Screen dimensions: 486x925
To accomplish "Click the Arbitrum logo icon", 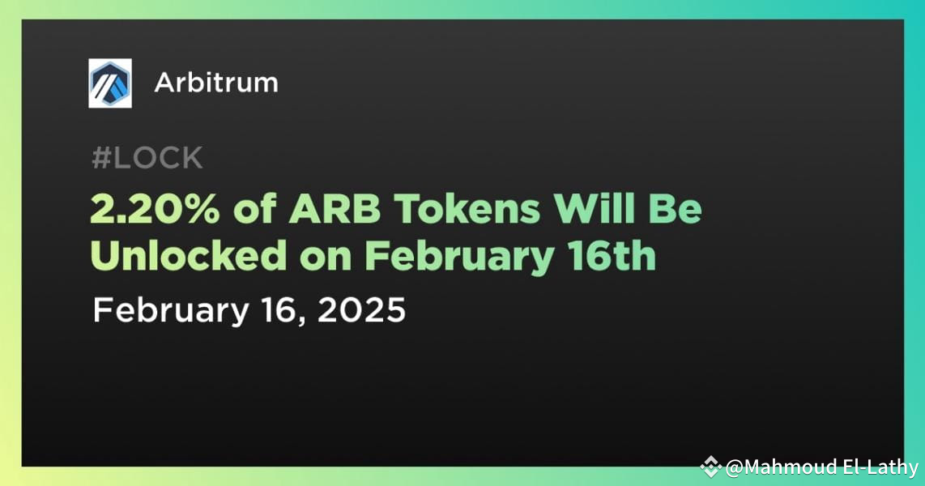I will coord(110,83).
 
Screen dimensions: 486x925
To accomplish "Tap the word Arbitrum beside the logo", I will coord(215,83).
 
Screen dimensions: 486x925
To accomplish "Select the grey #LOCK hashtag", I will coord(147,159).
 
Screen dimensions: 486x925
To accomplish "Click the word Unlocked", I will coord(188,257).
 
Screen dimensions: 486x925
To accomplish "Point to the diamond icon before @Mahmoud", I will coord(711,467).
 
